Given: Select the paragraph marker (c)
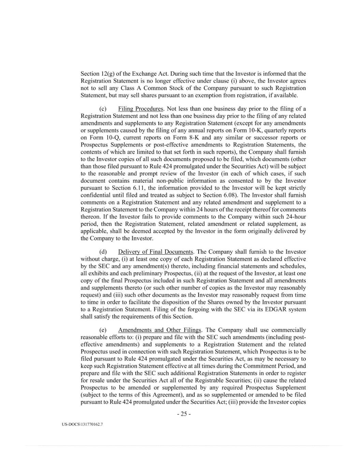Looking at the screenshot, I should [x=103, y=109].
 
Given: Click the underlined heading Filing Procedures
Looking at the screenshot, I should [x=141, y=109].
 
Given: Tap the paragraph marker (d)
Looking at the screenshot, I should [x=103, y=252].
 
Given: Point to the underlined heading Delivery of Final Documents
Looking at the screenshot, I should [x=156, y=252].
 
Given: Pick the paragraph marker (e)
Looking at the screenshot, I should [x=103, y=330].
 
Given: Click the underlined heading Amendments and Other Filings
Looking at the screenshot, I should [x=160, y=330].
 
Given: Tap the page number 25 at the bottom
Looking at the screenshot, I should [x=184, y=414].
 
